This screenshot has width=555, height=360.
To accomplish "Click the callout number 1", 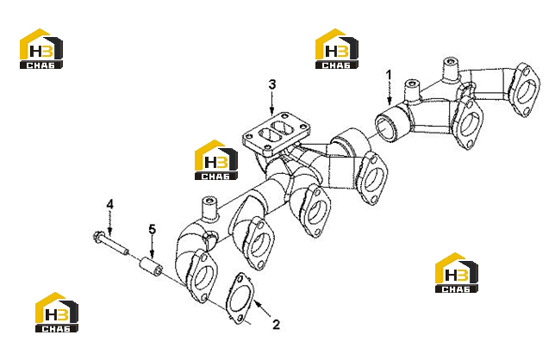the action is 389,75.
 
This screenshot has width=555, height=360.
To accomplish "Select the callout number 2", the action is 277,325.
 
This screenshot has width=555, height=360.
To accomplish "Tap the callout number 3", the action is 271,84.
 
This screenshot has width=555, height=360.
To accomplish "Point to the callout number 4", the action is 110,204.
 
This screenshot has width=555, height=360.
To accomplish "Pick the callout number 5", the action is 152,229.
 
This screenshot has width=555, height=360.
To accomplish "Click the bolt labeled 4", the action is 111,243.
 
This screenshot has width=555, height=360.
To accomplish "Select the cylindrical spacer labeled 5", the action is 151,267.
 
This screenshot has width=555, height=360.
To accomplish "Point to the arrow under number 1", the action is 390,93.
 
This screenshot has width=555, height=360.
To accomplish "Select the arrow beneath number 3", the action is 271,102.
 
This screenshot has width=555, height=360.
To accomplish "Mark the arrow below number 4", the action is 110,223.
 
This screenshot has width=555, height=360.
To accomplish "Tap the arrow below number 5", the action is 152,246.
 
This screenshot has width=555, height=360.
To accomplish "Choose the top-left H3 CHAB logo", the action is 41,48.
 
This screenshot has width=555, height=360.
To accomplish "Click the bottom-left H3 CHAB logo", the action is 57,313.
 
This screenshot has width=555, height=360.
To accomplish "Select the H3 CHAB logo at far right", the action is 456,273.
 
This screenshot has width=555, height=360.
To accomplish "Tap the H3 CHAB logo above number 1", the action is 337,48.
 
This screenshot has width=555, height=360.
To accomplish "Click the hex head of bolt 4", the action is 98,235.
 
